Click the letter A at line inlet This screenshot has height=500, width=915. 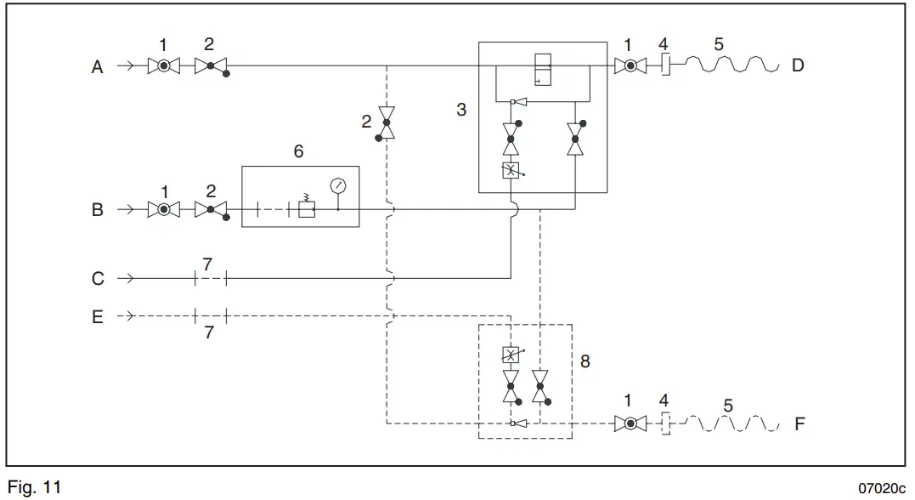(x=98, y=66)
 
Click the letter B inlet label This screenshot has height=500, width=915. (x=98, y=209)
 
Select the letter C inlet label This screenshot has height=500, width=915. (x=98, y=278)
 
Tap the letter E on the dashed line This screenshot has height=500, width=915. (x=98, y=316)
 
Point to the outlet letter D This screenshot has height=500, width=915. (x=798, y=65)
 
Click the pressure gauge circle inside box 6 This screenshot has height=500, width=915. (x=339, y=185)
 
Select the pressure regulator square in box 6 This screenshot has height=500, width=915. (x=307, y=208)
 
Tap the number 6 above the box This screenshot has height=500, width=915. (x=298, y=152)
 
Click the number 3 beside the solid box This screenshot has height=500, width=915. (x=461, y=110)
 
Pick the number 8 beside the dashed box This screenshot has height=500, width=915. (x=585, y=361)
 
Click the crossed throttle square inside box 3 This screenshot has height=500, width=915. (x=511, y=170)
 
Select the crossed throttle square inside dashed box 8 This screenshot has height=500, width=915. (x=511, y=355)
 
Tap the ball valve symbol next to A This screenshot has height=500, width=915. (x=162, y=65)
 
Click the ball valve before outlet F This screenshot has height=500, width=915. (x=630, y=423)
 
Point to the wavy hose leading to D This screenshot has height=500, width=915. (x=731, y=65)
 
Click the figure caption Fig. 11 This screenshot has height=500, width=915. (x=34, y=488)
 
